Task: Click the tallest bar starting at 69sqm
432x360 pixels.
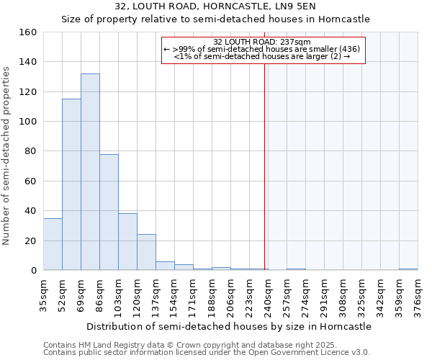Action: (x=90, y=172)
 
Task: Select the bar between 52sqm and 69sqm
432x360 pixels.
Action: (x=71, y=184)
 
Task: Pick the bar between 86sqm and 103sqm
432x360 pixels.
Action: (x=109, y=212)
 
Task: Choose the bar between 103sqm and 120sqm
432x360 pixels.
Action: (x=127, y=242)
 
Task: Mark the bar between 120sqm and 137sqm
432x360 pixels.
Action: (x=146, y=252)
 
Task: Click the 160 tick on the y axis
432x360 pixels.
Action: (x=28, y=32)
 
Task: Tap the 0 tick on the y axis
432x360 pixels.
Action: (x=33, y=271)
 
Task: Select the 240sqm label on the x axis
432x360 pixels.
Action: (x=268, y=295)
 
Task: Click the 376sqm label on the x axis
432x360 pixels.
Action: (x=418, y=295)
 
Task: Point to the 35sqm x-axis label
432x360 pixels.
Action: (x=43, y=295)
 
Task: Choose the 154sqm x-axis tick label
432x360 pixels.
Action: (x=174, y=295)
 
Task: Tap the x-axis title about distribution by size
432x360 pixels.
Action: (x=230, y=326)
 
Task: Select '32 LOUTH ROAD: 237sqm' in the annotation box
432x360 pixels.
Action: (x=262, y=42)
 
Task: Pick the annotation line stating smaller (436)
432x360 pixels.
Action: (x=262, y=50)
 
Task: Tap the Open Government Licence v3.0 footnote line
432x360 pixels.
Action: (x=207, y=353)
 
